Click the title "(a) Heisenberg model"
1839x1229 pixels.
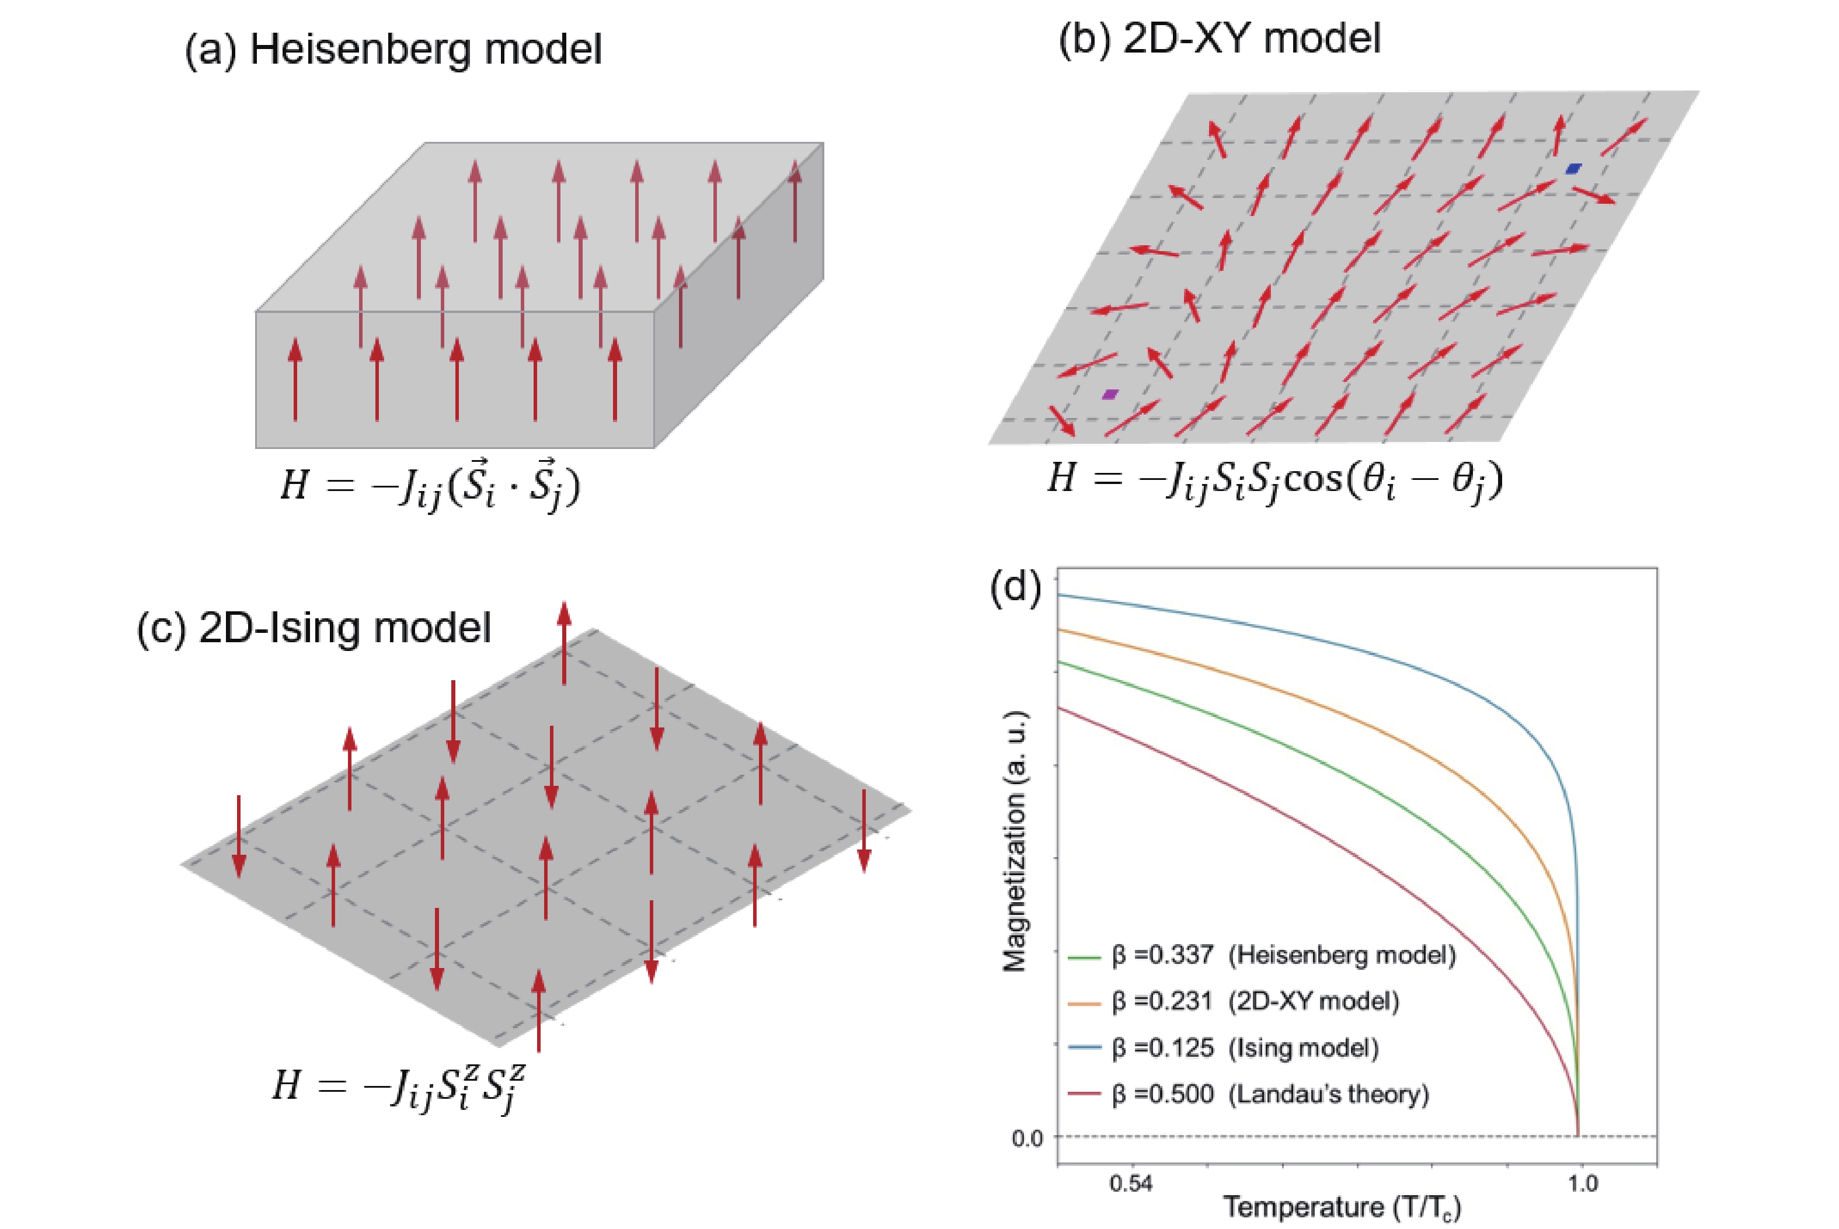pos(393,50)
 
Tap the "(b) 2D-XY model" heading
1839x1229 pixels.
pos(1219,37)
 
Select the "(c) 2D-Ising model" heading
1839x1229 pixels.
pos(314,628)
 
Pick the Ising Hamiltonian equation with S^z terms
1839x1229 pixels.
pos(399,1085)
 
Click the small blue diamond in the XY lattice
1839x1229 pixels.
pos(1573,169)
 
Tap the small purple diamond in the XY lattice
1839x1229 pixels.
pos(1109,394)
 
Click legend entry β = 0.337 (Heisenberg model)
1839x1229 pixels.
pos(1283,955)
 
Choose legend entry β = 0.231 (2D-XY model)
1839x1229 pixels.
pos(1255,1001)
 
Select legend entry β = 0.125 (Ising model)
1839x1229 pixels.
pos(1245,1047)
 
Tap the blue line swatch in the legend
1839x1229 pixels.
pos(1085,1048)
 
